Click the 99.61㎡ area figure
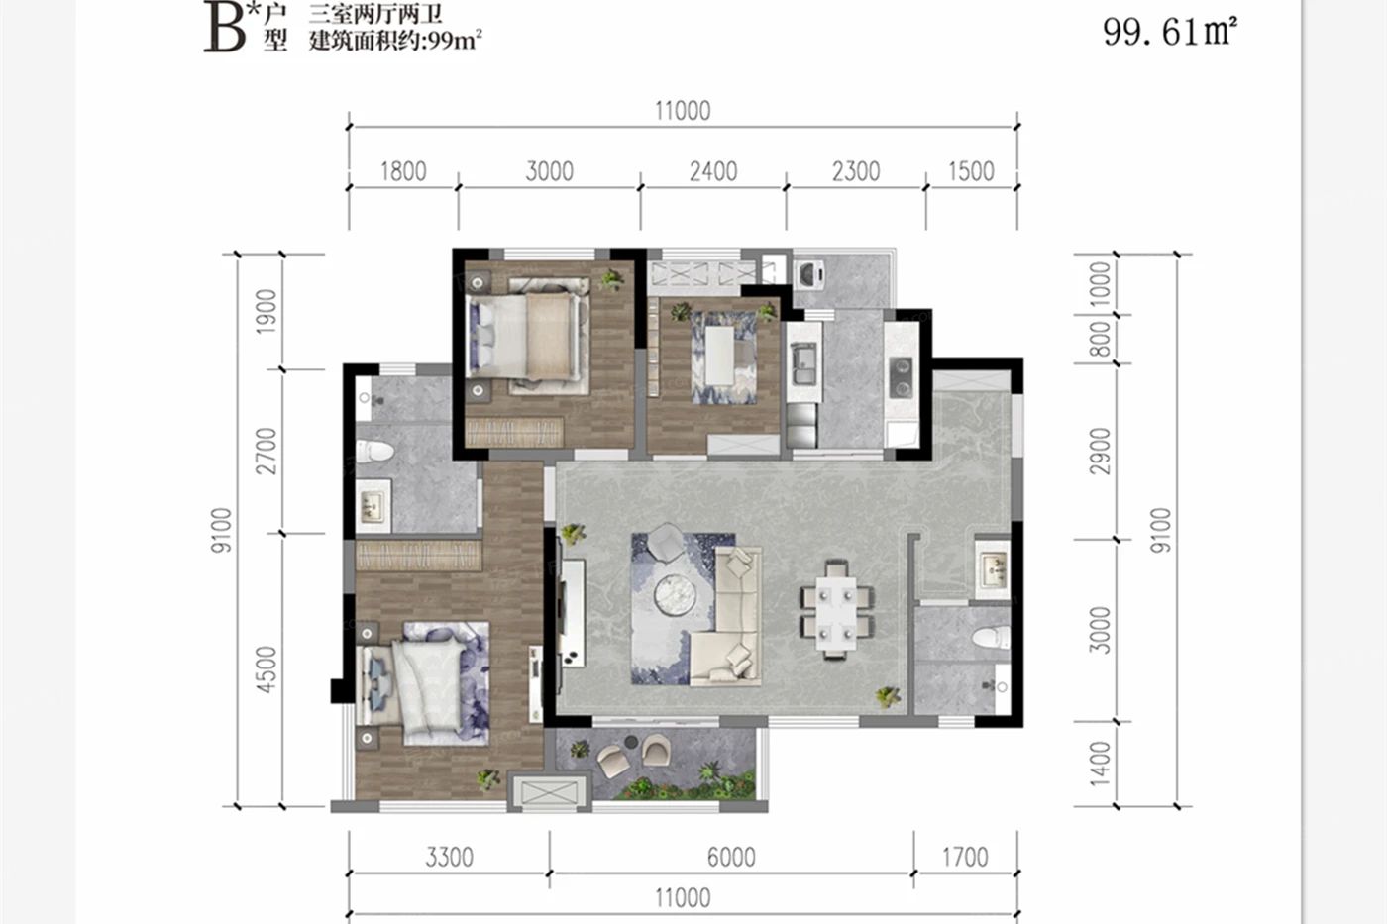[1170, 32]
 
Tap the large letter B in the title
[225, 30]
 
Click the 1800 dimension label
[403, 171]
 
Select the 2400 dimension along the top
[713, 171]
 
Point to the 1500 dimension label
[971, 171]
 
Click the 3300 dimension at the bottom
[450, 858]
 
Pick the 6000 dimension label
[731, 858]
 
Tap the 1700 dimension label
[965, 858]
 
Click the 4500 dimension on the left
[267, 669]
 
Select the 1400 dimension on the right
[1101, 765]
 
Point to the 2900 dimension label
[1101, 452]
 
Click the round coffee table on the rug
[675, 595]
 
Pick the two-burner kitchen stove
[901, 377]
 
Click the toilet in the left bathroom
[374, 451]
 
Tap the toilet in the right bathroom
[992, 638]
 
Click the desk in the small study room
[720, 356]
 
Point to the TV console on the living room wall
[572, 613]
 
